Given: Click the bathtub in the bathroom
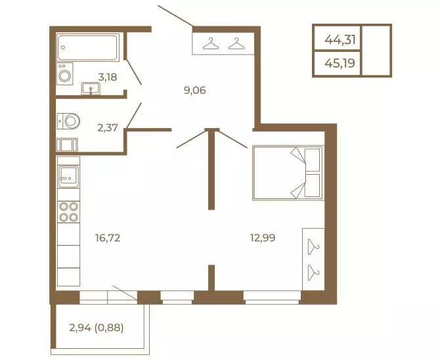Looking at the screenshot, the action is click(x=87, y=47).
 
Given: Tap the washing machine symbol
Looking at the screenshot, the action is click(x=65, y=74).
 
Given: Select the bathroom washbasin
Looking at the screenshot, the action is click(x=91, y=89).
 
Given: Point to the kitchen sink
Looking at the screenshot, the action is click(x=68, y=176).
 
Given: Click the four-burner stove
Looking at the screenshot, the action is click(x=68, y=212).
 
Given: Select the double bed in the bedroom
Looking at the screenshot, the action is click(x=288, y=173).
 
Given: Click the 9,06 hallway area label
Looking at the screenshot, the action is click(x=195, y=91).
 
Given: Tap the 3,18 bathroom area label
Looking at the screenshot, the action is click(x=108, y=77).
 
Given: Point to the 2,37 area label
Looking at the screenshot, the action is click(x=108, y=128).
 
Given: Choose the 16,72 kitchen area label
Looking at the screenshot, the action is click(x=108, y=238).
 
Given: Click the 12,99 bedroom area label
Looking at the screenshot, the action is click(x=263, y=238).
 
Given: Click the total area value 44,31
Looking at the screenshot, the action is click(x=340, y=40).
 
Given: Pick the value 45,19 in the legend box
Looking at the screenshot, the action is click(x=340, y=64).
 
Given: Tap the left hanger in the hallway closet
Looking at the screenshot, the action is click(x=211, y=43).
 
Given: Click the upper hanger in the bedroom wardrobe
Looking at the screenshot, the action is click(x=313, y=247).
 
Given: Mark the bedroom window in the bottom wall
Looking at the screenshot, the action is click(x=272, y=298).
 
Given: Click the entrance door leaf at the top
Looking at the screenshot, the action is click(x=175, y=16).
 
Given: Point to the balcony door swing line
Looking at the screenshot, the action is click(x=125, y=292).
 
